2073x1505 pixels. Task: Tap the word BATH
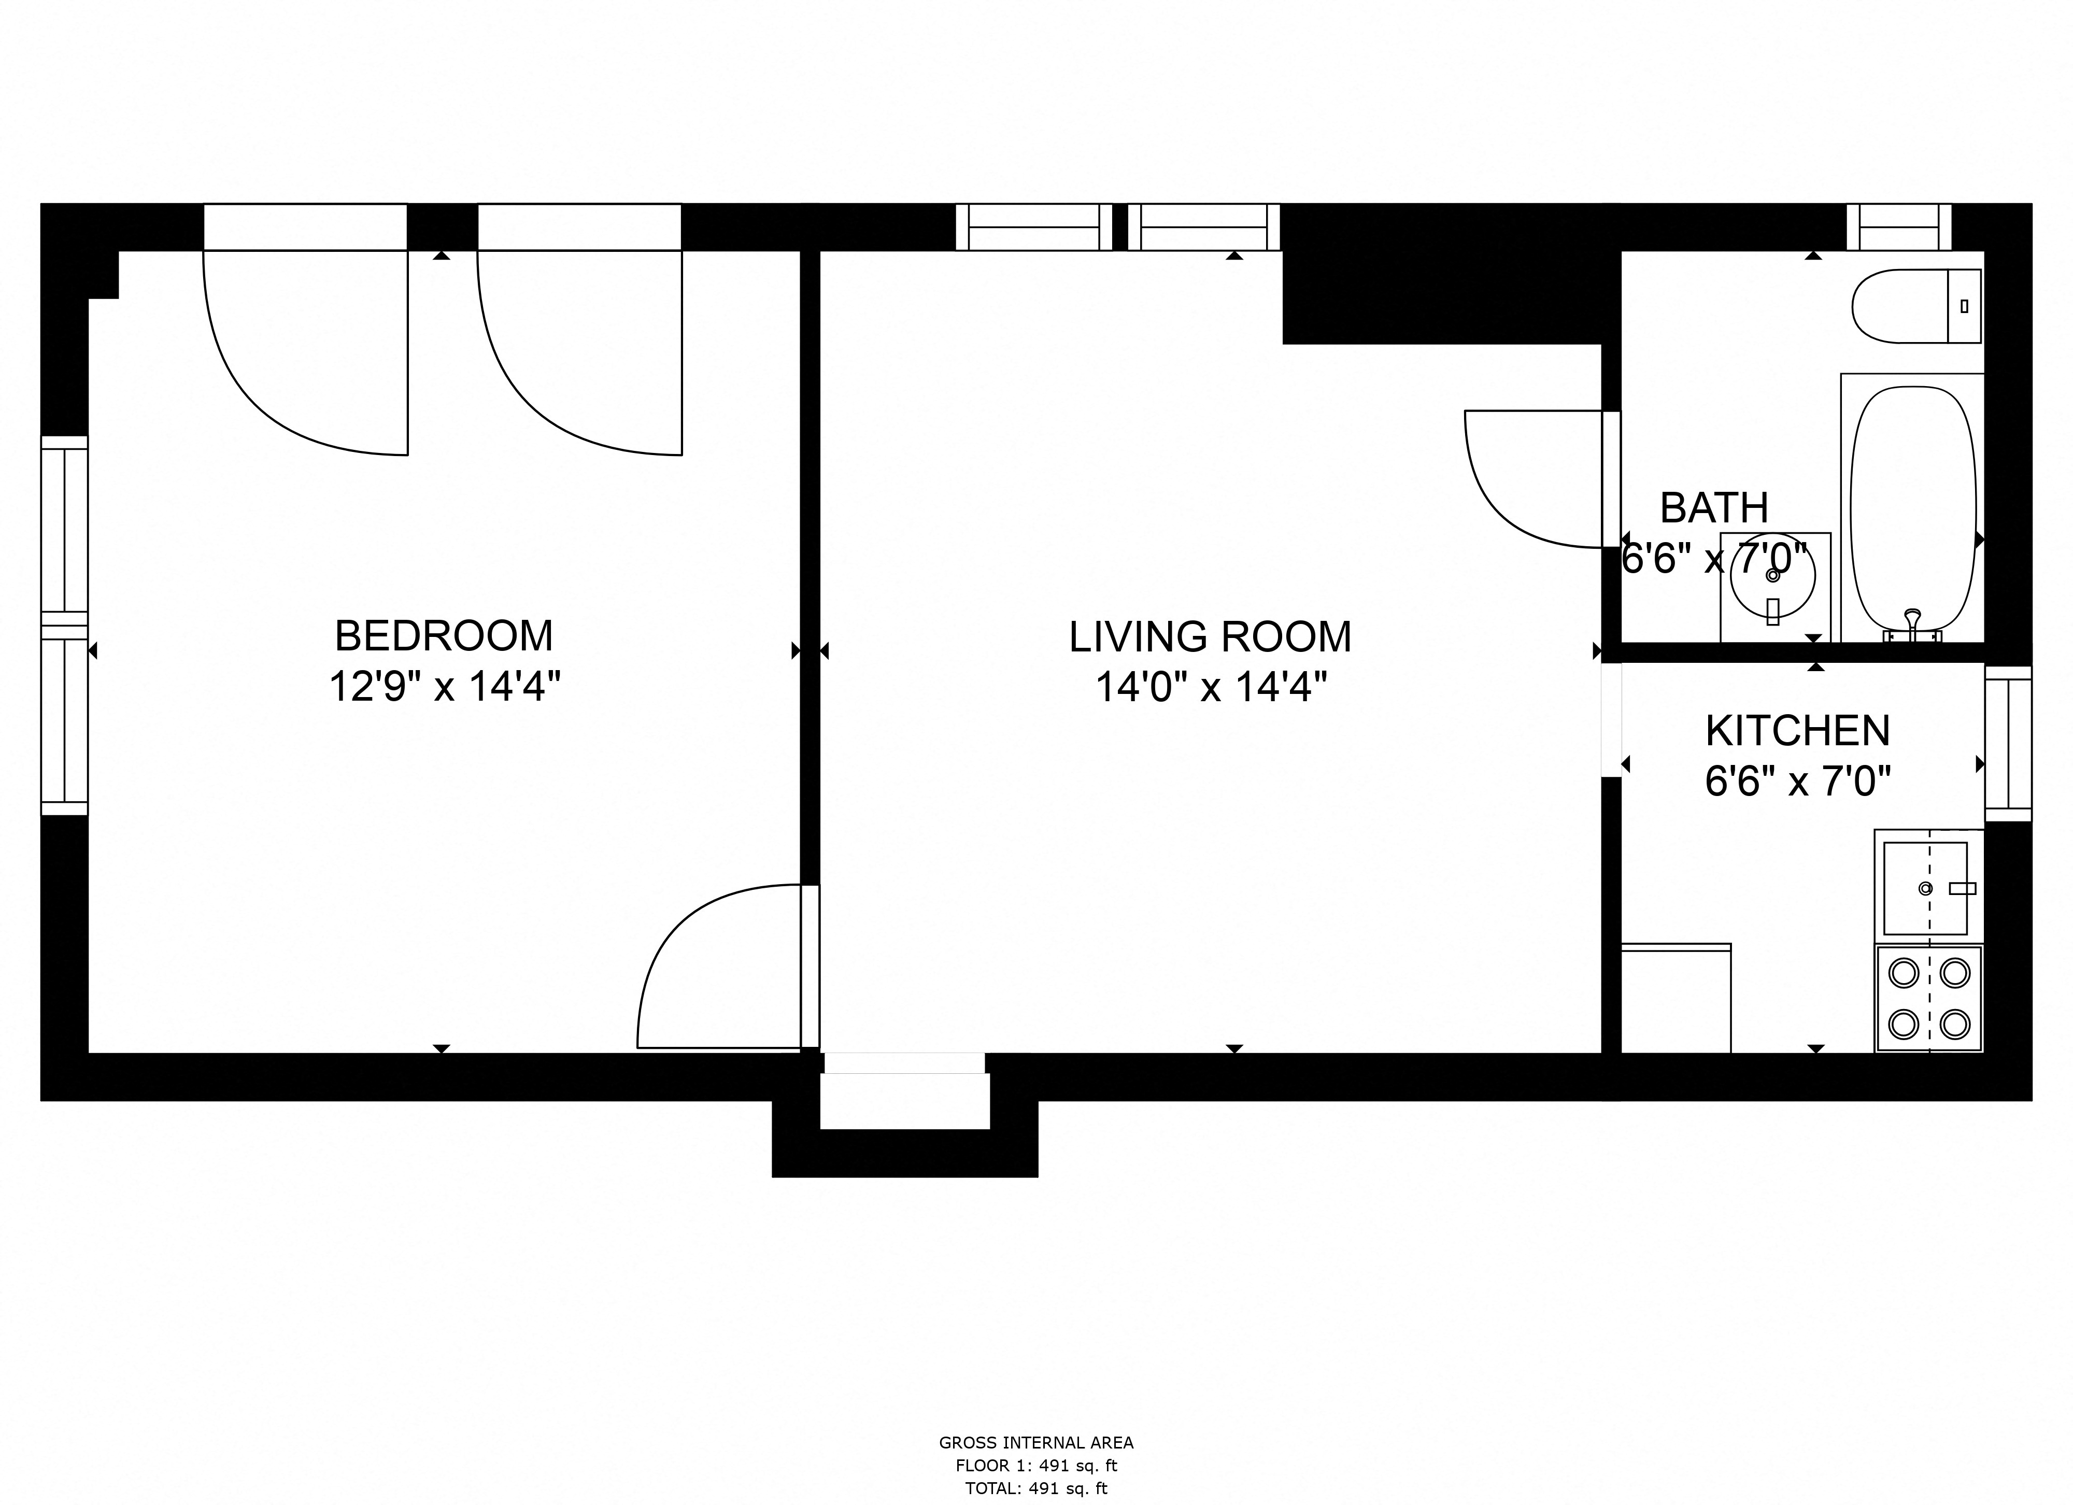[x=1714, y=508]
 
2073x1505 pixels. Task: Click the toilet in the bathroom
[x=1915, y=306]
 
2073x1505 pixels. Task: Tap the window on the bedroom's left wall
[x=64, y=626]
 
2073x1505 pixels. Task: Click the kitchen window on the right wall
[x=2007, y=743]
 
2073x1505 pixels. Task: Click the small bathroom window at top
[x=1898, y=226]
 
